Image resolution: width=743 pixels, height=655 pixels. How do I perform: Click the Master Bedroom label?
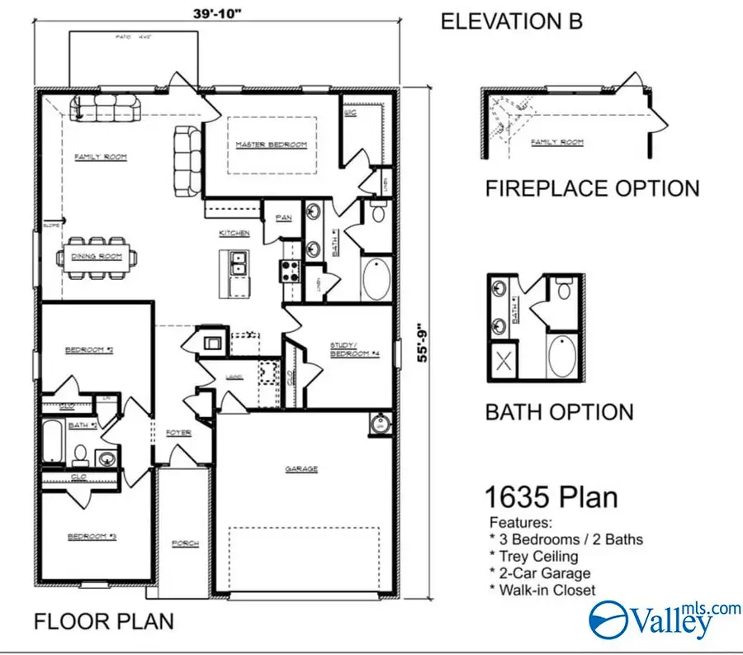(x=271, y=145)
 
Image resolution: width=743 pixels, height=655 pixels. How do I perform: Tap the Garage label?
(x=301, y=469)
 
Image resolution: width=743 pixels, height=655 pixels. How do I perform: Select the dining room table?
(x=96, y=257)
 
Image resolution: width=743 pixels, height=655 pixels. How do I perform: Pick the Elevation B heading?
(x=512, y=21)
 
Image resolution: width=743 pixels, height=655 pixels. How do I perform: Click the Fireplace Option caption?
(x=591, y=188)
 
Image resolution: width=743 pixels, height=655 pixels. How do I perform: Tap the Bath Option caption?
(x=559, y=411)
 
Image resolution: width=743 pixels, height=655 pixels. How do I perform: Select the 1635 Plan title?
(x=550, y=498)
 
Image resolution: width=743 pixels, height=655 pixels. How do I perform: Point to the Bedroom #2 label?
(x=88, y=350)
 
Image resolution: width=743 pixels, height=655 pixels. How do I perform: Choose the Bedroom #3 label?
(x=91, y=537)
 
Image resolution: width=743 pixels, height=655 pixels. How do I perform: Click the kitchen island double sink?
(x=239, y=263)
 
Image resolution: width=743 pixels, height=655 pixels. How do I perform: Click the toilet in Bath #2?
(x=82, y=453)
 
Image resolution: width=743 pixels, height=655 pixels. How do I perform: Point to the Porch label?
(x=183, y=543)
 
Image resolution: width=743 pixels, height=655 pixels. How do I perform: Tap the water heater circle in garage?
(x=380, y=425)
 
